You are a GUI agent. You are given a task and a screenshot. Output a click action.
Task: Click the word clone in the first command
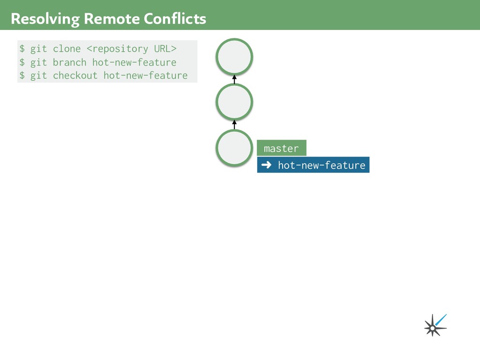point(67,49)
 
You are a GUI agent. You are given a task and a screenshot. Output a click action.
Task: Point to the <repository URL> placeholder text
point(132,49)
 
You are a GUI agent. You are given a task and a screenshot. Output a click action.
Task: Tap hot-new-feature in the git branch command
point(134,62)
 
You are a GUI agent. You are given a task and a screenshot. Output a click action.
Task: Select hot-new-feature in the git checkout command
point(145,75)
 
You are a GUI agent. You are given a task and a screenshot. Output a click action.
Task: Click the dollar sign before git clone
point(22,49)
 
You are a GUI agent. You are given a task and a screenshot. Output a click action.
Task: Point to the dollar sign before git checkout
point(22,75)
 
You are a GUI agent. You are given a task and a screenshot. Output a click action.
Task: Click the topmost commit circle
point(234,57)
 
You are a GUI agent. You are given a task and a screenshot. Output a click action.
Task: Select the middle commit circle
point(234,101)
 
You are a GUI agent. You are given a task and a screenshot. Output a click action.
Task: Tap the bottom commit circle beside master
point(234,148)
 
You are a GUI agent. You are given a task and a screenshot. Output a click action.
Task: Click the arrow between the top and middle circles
point(234,79)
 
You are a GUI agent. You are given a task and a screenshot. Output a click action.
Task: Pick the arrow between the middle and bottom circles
point(234,124)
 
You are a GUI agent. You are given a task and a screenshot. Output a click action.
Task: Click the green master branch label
point(281,148)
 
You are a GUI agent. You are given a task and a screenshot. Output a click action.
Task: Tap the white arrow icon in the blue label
point(266,165)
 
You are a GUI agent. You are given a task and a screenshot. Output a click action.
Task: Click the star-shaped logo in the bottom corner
point(434,326)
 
